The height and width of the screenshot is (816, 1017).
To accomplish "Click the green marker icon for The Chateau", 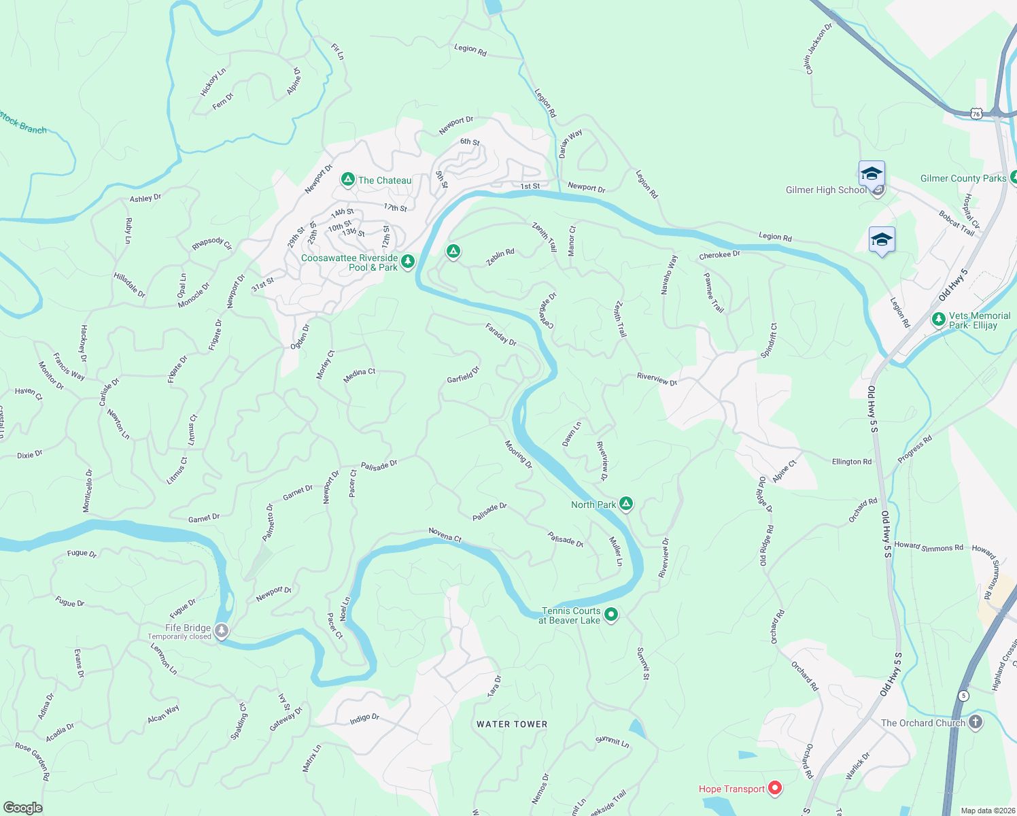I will pos(347,180).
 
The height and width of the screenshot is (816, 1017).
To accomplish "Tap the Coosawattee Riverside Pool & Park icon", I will pos(408,261).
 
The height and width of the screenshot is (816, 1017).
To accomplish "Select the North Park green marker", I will pos(626,504).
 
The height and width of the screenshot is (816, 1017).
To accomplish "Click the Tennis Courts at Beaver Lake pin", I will pos(611,615).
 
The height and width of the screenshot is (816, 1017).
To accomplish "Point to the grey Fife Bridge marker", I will pos(222,630).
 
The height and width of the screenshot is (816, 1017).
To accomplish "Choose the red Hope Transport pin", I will pos(775,788).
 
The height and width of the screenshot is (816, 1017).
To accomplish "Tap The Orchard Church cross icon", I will pos(976,722).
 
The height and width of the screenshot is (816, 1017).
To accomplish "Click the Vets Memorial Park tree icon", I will pos(939,319).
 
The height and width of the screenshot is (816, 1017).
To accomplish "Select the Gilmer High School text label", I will pos(826,190).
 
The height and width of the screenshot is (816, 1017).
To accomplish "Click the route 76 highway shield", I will pos(976,114).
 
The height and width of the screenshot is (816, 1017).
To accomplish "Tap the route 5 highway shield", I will pos(963,696).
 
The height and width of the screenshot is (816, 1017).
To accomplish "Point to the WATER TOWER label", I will pos(512,724).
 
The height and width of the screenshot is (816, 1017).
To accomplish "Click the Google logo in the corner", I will pos(22,807).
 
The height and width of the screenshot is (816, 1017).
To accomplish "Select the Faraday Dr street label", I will pos(501,335).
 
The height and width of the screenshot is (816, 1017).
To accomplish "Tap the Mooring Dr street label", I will pos(519,454).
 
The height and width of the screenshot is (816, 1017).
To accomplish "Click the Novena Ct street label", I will pos(445,535).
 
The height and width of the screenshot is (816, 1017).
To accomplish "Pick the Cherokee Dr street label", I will pos(719,255).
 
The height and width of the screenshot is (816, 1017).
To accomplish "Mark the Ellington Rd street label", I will pos(852,462).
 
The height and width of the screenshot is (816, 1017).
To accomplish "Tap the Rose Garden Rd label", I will pos(33,761).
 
